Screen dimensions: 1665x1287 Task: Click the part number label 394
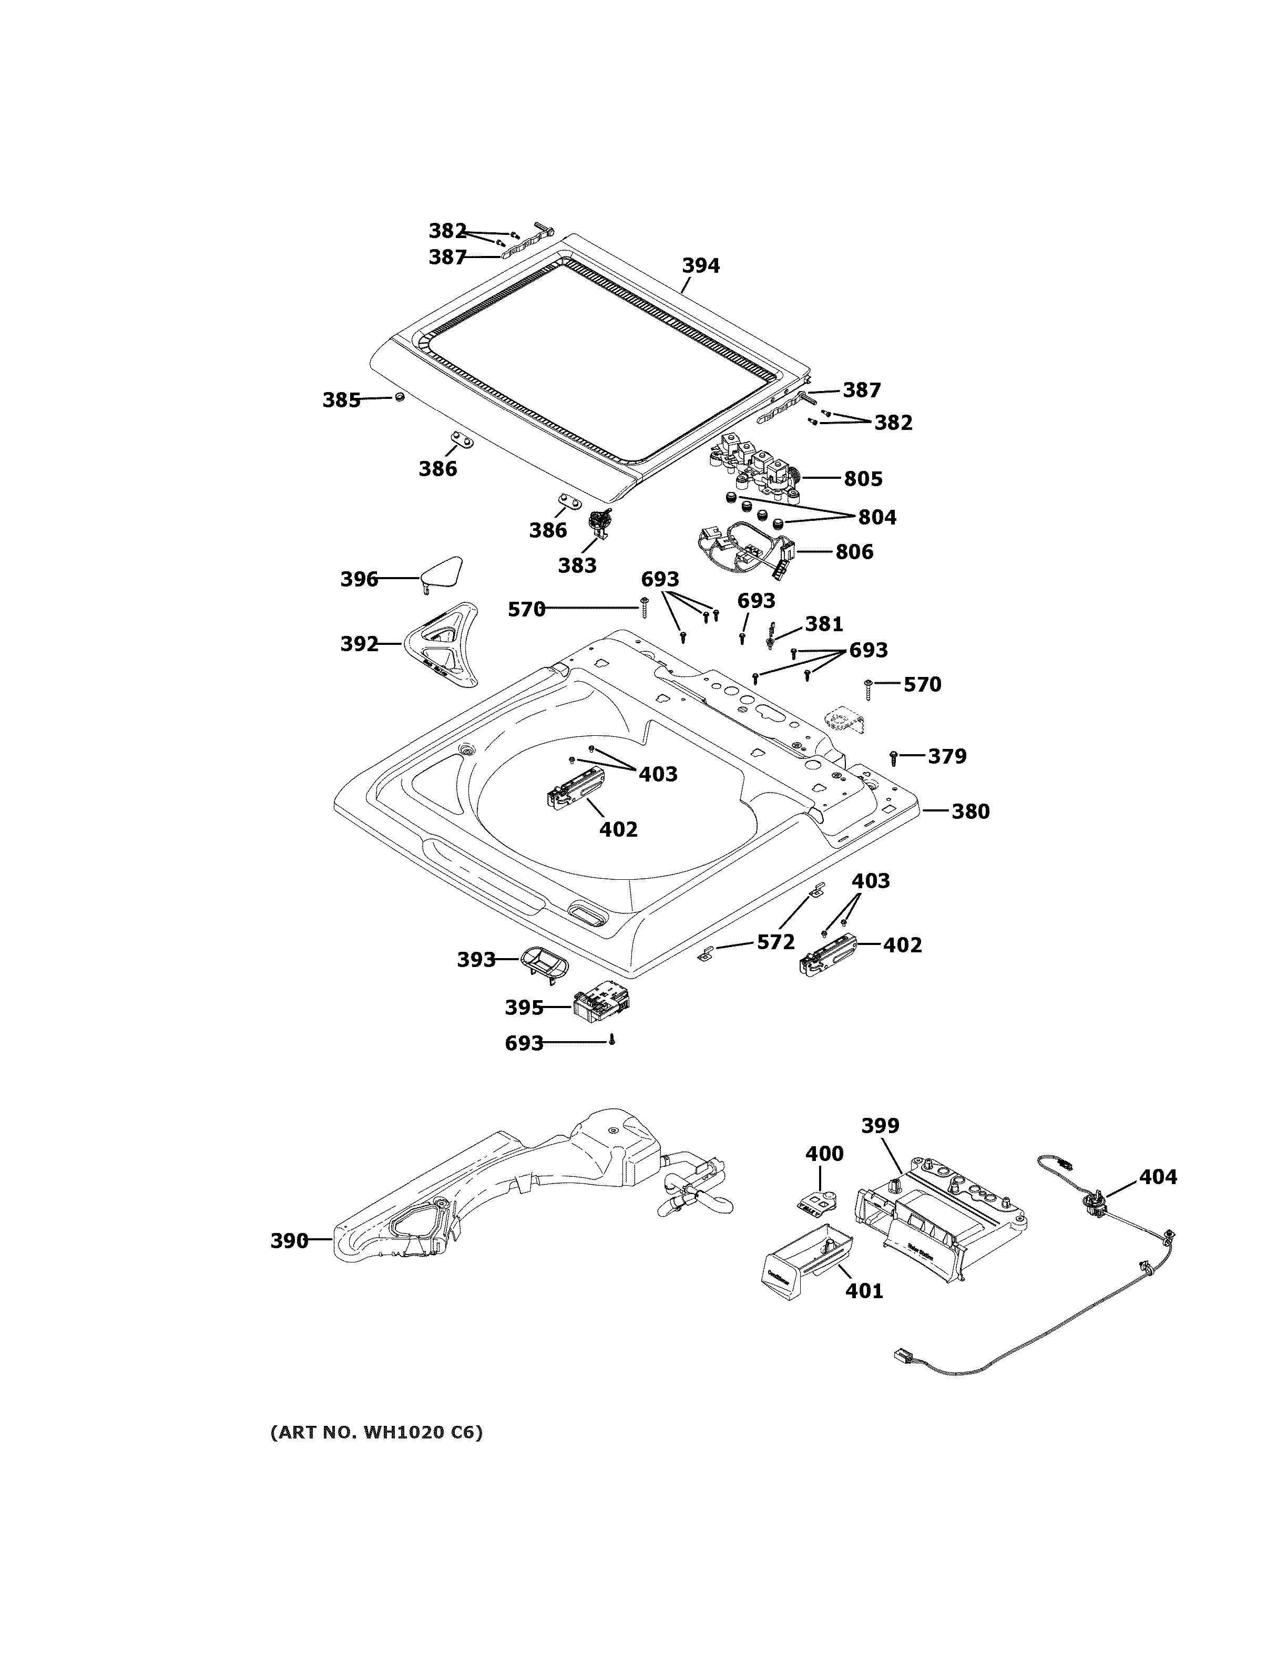700,266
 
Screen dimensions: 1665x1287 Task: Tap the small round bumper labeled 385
398,397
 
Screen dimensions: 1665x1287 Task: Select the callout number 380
970,811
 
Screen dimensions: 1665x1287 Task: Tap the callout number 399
880,1125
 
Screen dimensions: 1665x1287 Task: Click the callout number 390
289,1241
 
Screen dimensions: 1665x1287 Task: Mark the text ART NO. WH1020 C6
376,1433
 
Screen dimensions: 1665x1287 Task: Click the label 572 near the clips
775,942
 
